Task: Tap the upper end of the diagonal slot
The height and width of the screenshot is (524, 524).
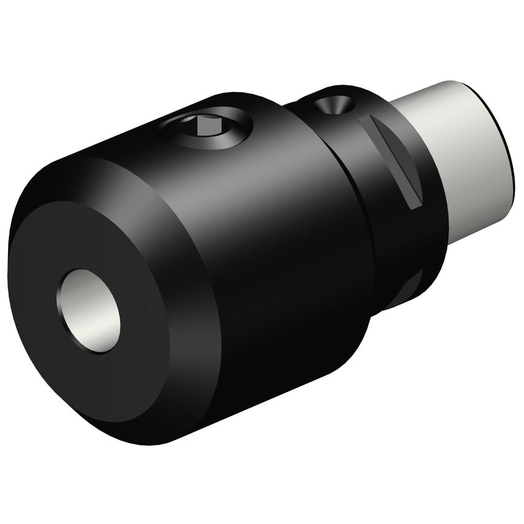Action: click(367, 121)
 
